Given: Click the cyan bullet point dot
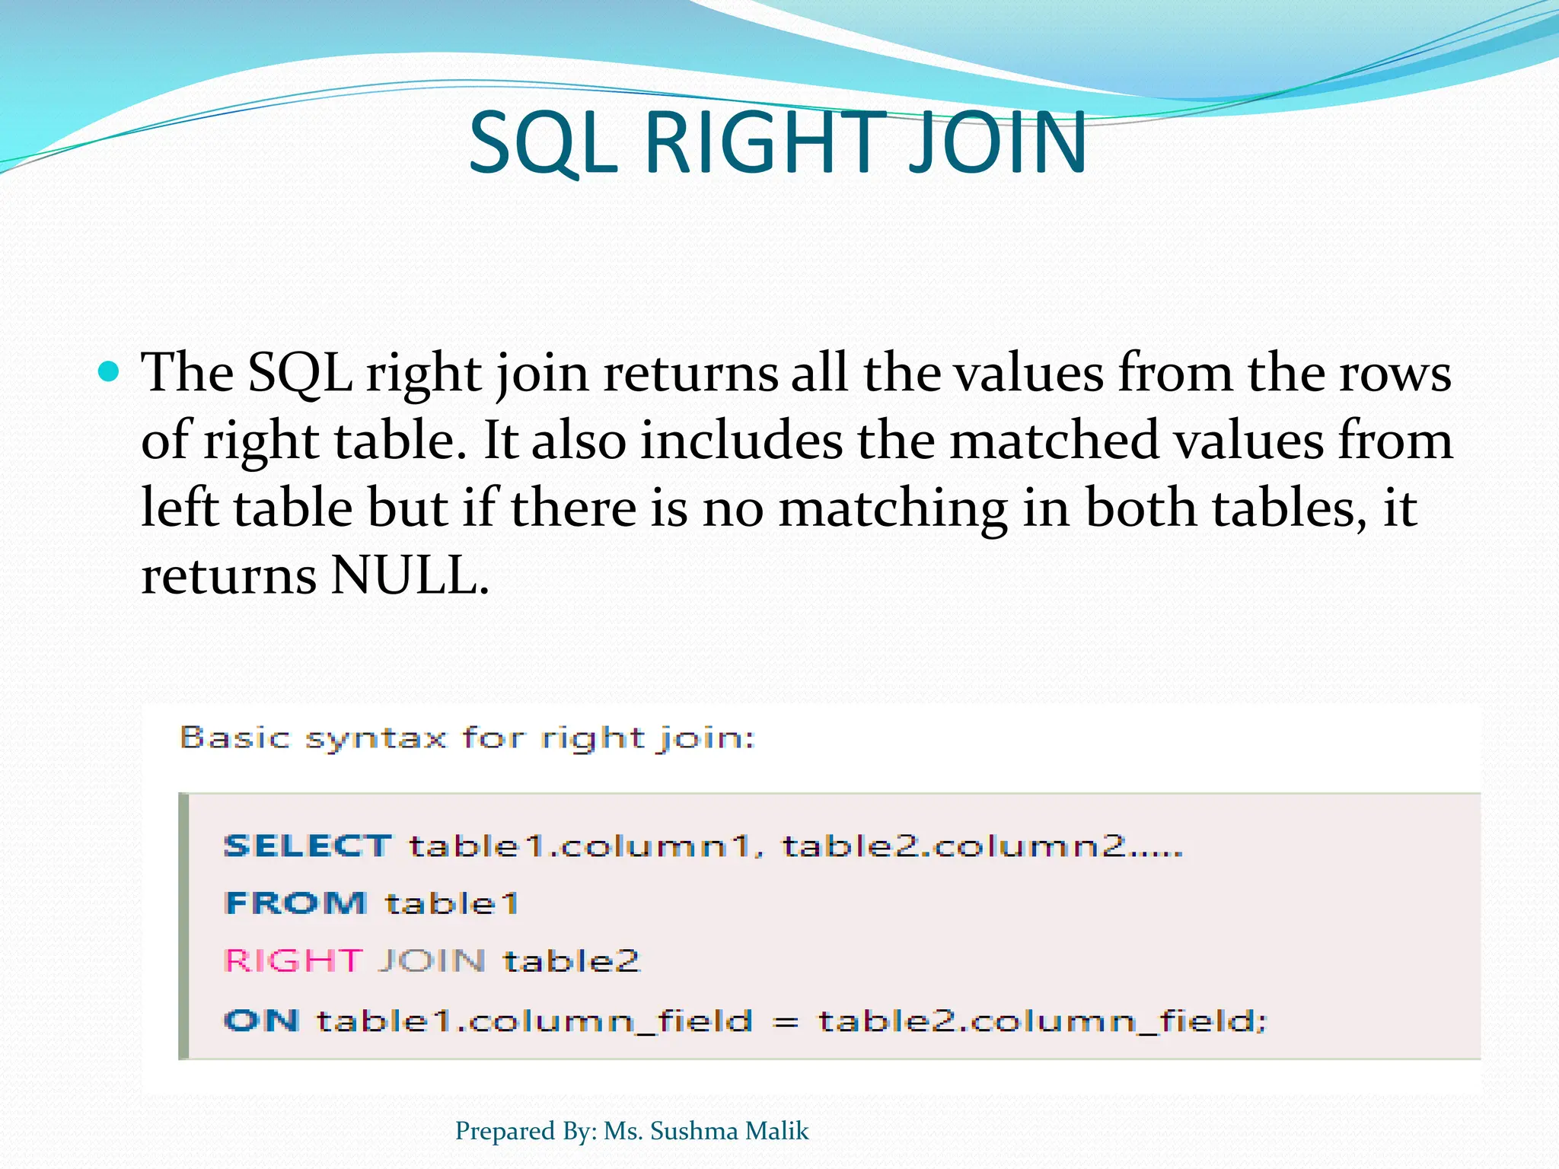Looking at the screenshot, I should [110, 372].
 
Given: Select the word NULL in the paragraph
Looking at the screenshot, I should [410, 575].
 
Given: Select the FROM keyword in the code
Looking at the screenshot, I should [296, 903].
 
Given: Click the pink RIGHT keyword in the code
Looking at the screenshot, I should [293, 961].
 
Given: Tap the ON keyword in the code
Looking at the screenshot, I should [261, 1021].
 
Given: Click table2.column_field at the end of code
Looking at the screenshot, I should [1041, 1021].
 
